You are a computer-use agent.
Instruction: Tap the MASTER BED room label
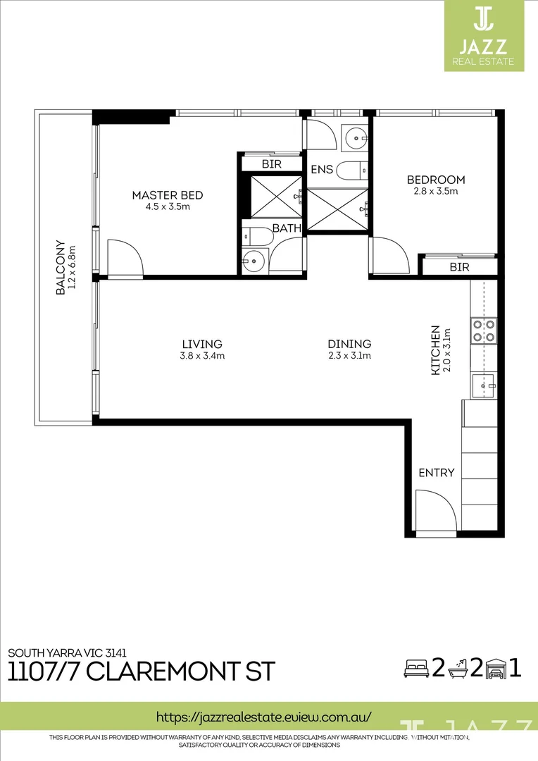168,195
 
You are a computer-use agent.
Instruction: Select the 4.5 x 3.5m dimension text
168,207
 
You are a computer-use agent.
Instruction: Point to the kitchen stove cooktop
484,330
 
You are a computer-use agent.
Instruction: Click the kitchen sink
484,385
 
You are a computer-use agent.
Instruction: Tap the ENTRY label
437,473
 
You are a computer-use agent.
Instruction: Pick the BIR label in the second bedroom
459,267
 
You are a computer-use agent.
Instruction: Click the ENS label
322,170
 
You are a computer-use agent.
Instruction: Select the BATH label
287,228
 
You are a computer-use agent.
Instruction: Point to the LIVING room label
202,344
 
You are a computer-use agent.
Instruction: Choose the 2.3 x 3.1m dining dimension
349,356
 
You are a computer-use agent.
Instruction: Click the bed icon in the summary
416,667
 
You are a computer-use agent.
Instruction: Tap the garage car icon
496,667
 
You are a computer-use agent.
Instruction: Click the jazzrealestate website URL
263,717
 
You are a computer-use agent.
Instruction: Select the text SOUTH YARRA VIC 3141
68,652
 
